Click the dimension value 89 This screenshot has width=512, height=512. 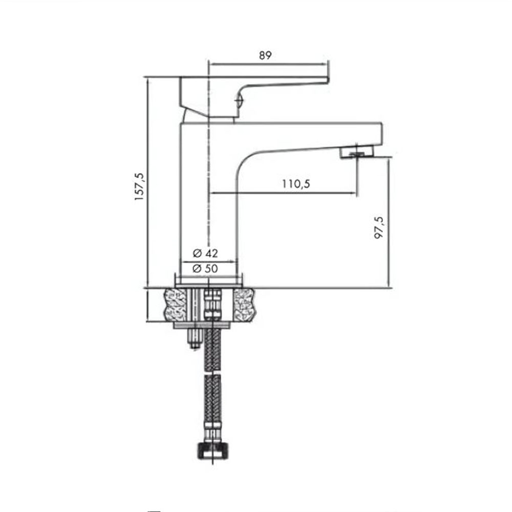click(265, 55)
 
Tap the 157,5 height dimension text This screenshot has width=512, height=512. click(139, 186)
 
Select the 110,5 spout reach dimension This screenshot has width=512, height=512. click(296, 184)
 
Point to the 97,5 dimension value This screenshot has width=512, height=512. click(379, 228)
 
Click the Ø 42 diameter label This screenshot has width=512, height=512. click(205, 253)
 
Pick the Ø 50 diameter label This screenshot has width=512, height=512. click(205, 268)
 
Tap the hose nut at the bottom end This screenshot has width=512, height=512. click(213, 451)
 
